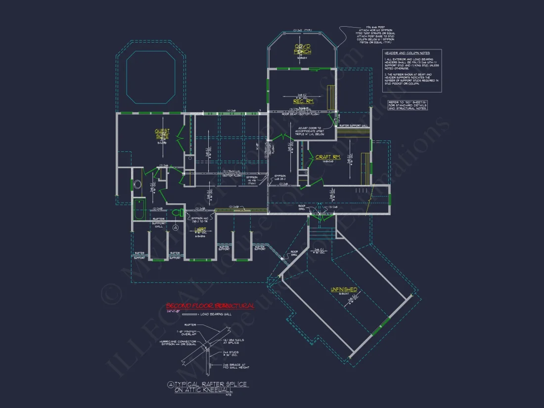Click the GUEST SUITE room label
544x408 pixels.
[x=162, y=134]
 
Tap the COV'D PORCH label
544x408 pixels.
[x=303, y=48]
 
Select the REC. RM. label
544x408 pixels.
[x=303, y=101]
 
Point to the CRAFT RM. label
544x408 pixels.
[x=328, y=157]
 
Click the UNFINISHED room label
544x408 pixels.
[x=344, y=290]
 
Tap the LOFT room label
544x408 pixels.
[x=200, y=230]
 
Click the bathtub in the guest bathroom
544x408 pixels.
[x=138, y=210]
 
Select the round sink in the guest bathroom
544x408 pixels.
[x=137, y=185]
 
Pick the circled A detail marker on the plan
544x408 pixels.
[x=176, y=227]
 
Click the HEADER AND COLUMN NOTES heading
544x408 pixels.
[x=408, y=53]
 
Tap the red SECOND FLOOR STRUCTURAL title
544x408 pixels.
[x=210, y=306]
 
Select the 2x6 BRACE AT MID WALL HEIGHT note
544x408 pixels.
[x=235, y=366]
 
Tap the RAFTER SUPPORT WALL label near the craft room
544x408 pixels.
[x=354, y=126]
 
